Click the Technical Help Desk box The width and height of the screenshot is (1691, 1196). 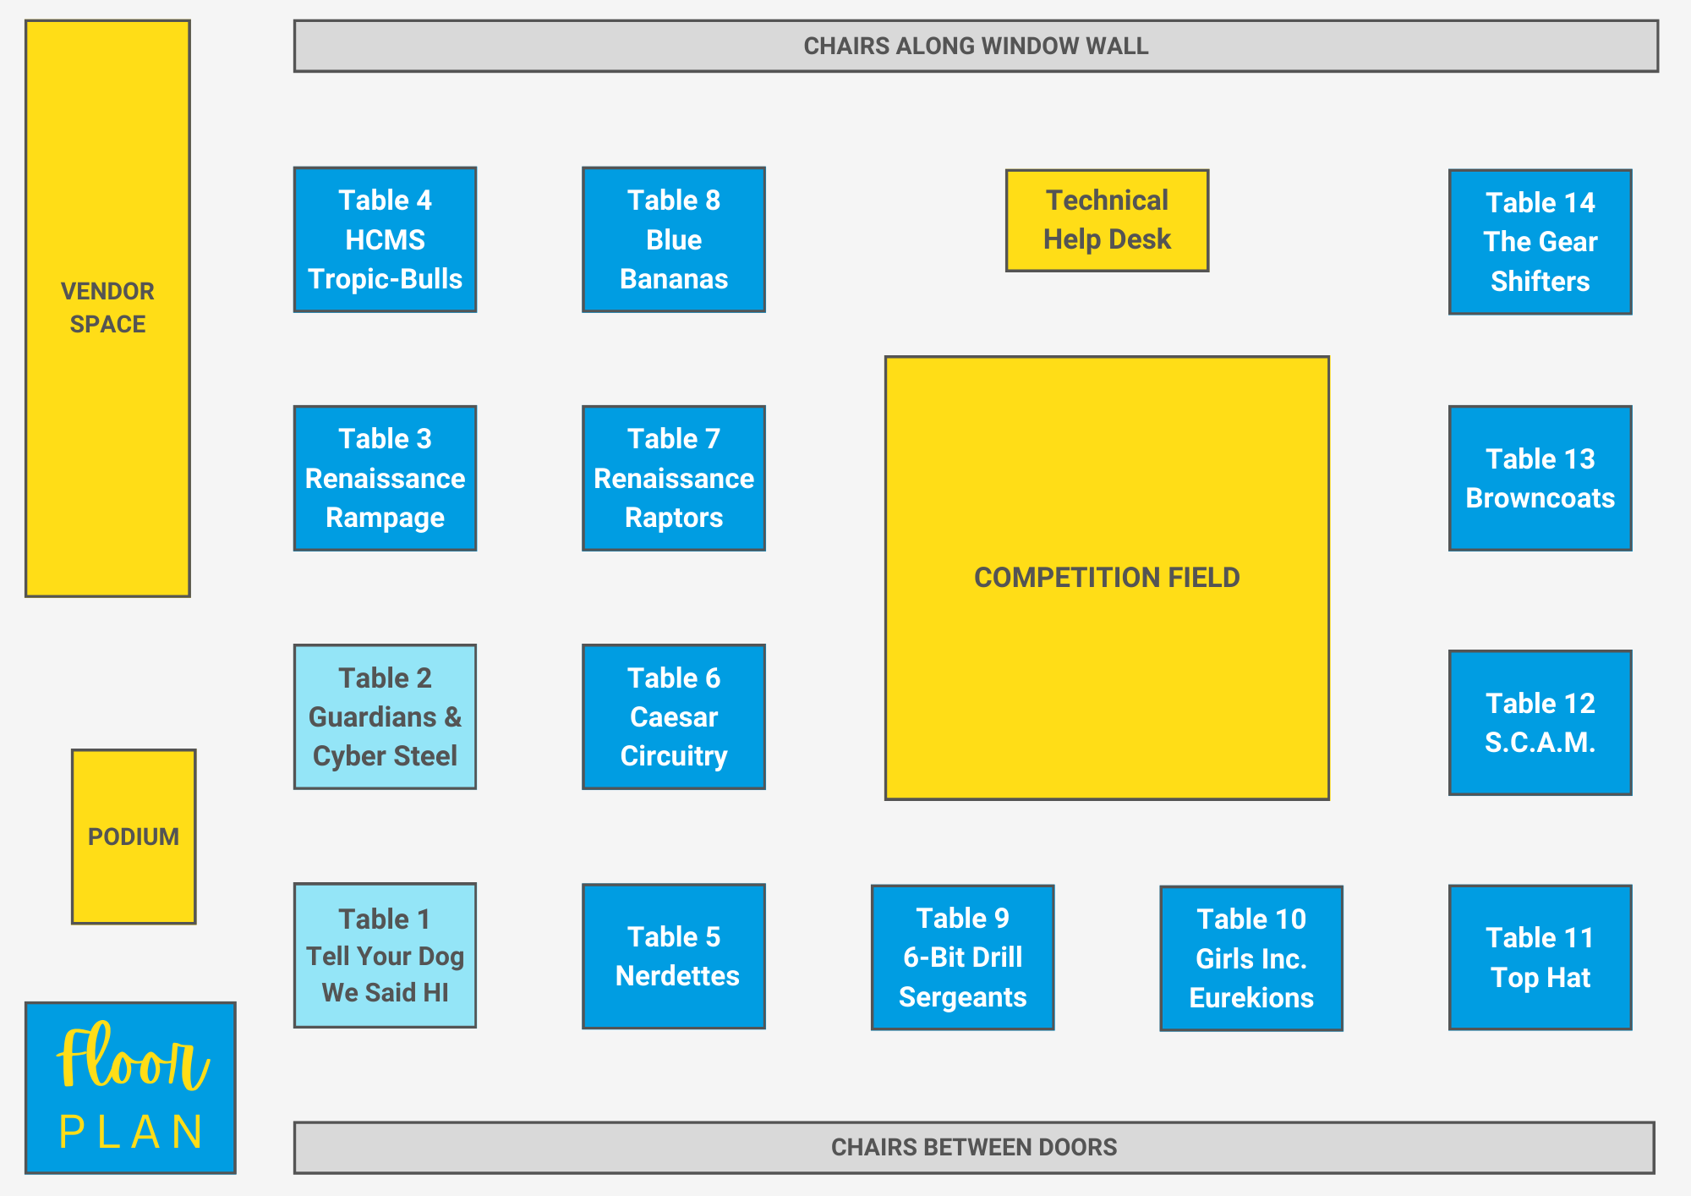coord(1107,221)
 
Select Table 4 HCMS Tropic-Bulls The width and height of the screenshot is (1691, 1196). coord(385,239)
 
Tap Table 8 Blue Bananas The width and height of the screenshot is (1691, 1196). coord(674,239)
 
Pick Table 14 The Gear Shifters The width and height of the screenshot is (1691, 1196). coord(1540,242)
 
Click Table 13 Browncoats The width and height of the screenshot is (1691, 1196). coord(1540,478)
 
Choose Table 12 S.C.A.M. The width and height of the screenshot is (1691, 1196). coord(1540,722)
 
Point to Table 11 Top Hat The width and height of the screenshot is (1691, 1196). coord(1540,957)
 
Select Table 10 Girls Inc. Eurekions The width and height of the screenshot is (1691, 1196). coord(1251,958)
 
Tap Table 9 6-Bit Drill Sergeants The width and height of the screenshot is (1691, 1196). coord(962,957)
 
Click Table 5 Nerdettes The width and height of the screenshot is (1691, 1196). coord(674,957)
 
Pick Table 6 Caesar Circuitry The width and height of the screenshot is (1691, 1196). coord(674,717)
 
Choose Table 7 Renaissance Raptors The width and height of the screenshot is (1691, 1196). coord(674,478)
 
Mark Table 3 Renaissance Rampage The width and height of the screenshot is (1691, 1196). coord(385,478)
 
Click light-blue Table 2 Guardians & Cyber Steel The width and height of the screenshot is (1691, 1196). coord(385,717)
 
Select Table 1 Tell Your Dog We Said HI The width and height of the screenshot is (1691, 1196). coord(385,956)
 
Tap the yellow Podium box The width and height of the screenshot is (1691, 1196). coord(134,837)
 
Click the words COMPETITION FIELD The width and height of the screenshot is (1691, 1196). coord(1107,578)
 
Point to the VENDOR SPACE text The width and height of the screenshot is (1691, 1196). coord(107,308)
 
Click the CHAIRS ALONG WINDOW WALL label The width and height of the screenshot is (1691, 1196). coord(976,46)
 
